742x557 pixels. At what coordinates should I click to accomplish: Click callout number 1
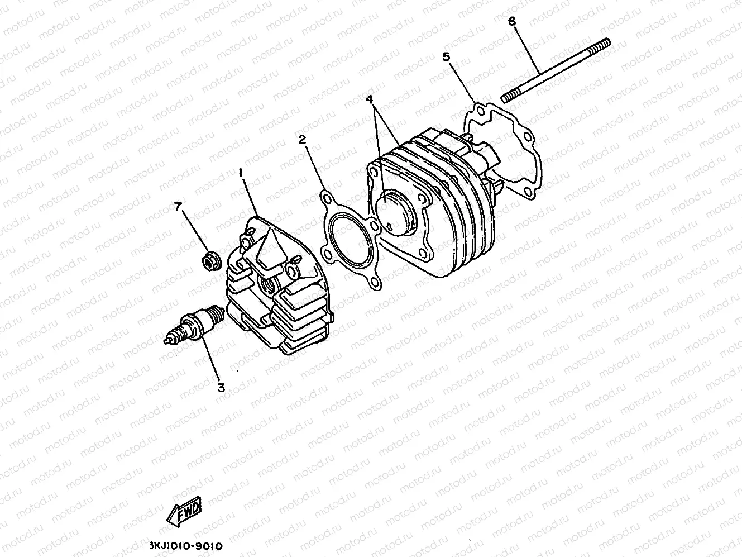click(x=241, y=174)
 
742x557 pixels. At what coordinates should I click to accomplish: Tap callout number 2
click(x=302, y=140)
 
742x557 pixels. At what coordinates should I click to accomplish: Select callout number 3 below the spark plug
click(x=221, y=387)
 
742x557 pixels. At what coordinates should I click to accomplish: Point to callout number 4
click(x=368, y=99)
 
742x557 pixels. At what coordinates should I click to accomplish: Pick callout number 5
click(x=446, y=56)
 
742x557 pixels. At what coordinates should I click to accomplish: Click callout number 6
click(x=511, y=22)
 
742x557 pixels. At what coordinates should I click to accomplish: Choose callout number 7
click(x=178, y=207)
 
